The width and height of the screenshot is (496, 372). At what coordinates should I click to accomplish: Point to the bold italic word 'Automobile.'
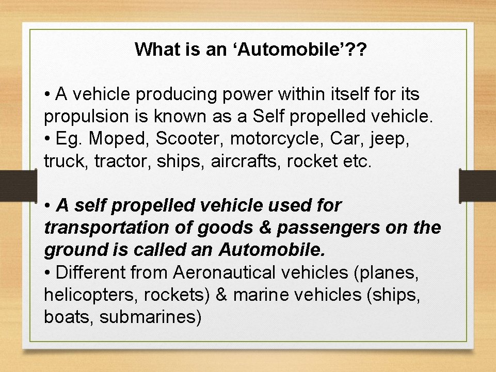tap(272, 250)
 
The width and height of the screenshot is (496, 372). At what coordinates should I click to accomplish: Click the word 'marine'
tap(261, 295)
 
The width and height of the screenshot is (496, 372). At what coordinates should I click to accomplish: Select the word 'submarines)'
tap(150, 317)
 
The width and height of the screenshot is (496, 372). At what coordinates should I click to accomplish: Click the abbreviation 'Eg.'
tap(70, 139)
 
